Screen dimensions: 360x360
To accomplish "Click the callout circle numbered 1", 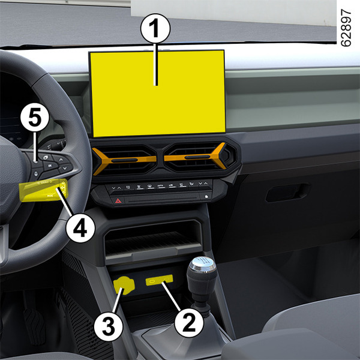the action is coord(155,28).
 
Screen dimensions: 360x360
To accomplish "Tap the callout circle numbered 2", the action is coord(189,323).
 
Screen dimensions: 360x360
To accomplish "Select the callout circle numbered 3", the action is coord(109,326).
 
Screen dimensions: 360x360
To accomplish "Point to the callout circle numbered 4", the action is coord(80,228).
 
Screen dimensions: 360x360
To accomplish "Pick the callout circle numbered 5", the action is coord(35,117).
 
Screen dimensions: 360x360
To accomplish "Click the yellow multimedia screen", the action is coord(158,94).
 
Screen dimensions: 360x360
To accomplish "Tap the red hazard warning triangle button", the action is coord(118,201).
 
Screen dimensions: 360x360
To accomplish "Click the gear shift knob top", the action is coord(202,264).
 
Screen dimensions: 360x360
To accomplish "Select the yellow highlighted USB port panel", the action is coord(160,280).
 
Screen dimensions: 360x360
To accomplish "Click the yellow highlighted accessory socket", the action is coord(124,286).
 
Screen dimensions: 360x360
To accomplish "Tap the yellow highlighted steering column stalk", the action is coord(44,190).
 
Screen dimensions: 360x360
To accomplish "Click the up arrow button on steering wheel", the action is coord(61,160).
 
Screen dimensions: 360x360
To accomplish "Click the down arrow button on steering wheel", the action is coord(65,168).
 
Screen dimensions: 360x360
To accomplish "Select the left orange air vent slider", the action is coord(124,160).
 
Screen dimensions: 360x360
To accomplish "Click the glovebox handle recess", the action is coord(287,193).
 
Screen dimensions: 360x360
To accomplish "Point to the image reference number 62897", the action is coord(346,28).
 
